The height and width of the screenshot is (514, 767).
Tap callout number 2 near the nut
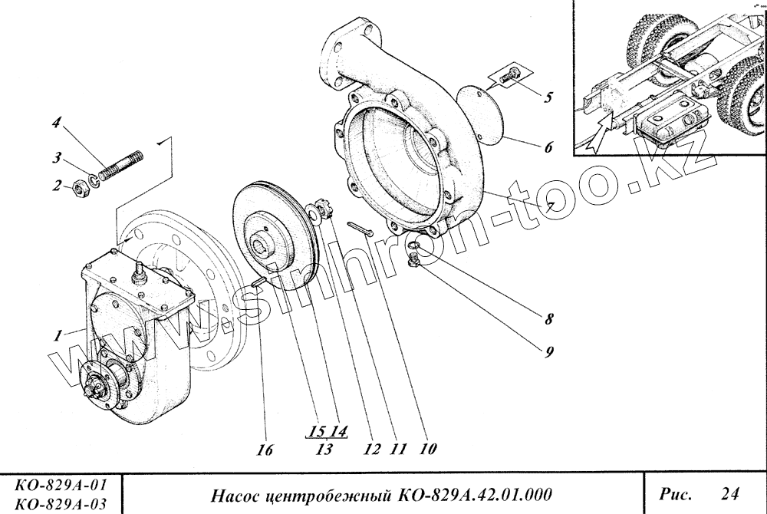coord(56,185)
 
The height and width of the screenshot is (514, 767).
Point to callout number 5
coord(548,98)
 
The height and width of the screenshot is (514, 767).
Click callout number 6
coord(548,147)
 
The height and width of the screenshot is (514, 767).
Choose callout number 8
coord(549,318)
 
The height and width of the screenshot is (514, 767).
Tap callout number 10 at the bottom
coord(427,450)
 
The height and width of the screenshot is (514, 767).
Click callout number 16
coord(265,450)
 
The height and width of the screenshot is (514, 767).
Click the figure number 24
coord(732,492)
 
